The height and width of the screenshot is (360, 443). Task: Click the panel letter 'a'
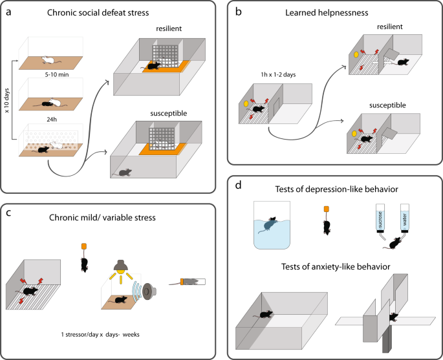9,13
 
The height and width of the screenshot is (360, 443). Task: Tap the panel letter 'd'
239,185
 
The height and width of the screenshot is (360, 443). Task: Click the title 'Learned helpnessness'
327,13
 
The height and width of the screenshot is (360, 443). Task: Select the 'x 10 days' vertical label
6,101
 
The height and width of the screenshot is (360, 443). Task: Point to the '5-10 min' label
57,75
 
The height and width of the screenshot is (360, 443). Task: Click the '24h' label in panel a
52,120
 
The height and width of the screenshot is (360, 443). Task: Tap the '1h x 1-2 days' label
278,75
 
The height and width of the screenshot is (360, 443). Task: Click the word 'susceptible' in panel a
169,114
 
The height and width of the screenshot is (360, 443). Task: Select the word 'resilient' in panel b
389,26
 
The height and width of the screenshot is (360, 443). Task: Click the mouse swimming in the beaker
267,225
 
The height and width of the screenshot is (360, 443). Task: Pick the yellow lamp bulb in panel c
121,271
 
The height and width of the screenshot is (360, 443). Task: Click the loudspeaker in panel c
149,291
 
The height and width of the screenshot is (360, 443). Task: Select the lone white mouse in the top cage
49,59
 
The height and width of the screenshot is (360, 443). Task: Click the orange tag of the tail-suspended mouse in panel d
327,209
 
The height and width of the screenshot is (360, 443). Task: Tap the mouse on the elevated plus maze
394,317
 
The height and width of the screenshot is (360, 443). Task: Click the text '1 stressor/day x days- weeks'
100,335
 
